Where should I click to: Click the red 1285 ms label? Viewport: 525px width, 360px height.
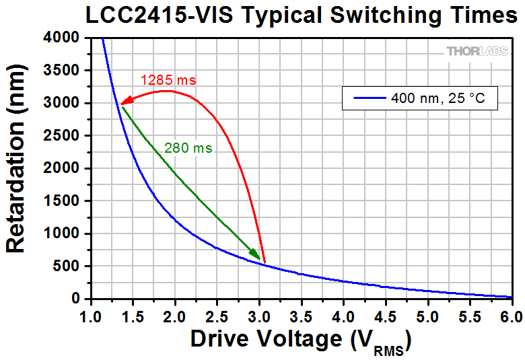168,80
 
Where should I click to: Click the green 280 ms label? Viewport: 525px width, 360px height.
188,148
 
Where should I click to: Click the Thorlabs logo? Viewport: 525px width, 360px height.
477,51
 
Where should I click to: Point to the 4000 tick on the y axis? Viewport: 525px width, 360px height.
67,38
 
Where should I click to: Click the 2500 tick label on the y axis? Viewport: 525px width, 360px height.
67,136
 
